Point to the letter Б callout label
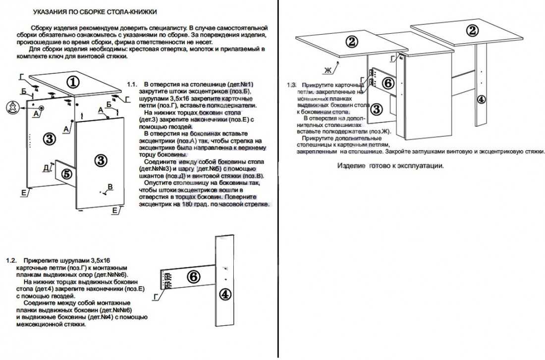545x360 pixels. point(23,91)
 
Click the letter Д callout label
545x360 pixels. point(46,167)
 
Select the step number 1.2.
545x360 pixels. point(11,260)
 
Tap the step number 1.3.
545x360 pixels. point(292,85)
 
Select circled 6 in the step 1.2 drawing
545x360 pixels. point(194,277)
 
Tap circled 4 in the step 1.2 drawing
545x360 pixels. point(225,294)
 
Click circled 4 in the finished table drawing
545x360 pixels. point(480,99)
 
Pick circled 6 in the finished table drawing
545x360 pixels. point(388,83)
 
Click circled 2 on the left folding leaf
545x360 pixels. point(352,42)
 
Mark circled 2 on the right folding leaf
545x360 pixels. point(473,30)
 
